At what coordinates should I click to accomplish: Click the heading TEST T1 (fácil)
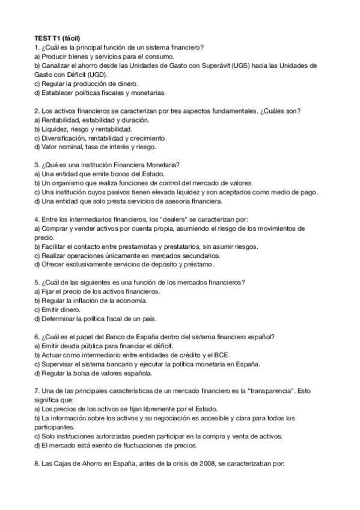58,38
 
